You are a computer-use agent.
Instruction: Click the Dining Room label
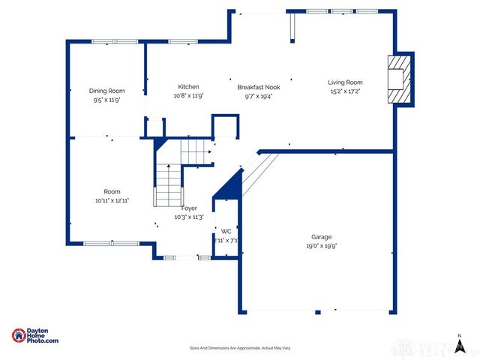point(106,91)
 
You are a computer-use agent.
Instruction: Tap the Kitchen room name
point(188,86)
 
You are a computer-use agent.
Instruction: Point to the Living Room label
point(345,82)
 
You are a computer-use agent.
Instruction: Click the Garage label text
point(321,235)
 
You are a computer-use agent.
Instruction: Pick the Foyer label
point(189,208)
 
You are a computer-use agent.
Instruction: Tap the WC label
point(225,231)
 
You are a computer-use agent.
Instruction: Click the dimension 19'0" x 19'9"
point(321,245)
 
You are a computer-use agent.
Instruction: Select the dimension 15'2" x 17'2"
point(345,91)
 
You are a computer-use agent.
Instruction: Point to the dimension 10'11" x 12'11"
point(112,201)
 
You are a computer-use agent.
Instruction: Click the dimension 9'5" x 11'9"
point(106,100)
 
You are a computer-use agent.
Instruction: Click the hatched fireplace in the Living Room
point(398,79)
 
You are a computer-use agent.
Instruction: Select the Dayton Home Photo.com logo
point(35,337)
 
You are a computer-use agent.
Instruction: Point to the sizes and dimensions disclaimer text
point(239,348)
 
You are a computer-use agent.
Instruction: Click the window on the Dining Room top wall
point(115,41)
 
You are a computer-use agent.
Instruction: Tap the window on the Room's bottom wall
point(111,243)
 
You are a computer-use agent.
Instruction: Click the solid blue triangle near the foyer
point(230,186)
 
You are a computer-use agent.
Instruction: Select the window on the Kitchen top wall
point(183,41)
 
